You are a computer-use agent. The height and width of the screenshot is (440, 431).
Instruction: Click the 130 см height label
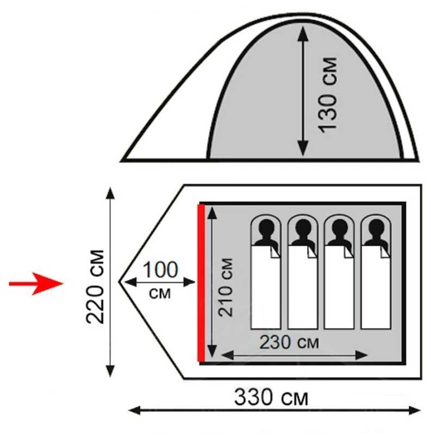(x=328, y=93)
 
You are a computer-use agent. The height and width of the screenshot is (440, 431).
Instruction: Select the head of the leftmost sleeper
(x=266, y=229)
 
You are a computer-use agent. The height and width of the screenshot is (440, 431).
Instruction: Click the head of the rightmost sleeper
(x=376, y=229)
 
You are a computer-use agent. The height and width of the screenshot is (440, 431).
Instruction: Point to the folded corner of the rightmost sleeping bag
(x=385, y=252)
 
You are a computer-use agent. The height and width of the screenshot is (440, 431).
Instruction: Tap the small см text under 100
(x=159, y=294)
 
